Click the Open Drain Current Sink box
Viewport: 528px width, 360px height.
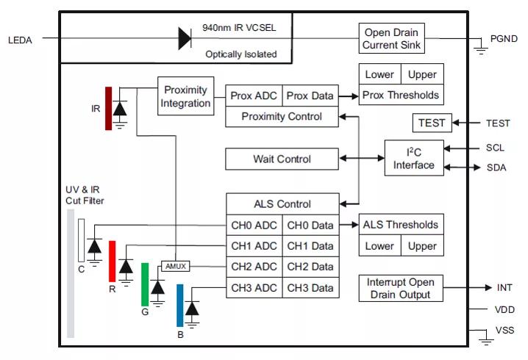pos(391,38)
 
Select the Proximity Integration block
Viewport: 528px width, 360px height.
pos(185,96)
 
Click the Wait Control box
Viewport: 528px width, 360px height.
pos(282,159)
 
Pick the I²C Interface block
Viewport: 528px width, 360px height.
pos(414,158)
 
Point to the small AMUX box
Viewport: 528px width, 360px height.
pos(175,267)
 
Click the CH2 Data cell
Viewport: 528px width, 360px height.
pos(310,267)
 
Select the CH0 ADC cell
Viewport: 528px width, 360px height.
pos(254,225)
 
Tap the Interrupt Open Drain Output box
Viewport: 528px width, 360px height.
pos(400,288)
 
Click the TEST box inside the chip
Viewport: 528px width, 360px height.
pos(432,123)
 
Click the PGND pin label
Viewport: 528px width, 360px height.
pos(504,39)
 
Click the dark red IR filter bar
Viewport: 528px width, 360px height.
pos(108,108)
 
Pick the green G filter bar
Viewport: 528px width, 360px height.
pos(146,284)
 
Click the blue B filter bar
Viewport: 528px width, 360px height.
pos(180,305)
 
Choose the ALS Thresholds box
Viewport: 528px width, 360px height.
pos(401,225)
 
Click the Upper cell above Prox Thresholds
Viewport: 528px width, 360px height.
pos(422,74)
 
